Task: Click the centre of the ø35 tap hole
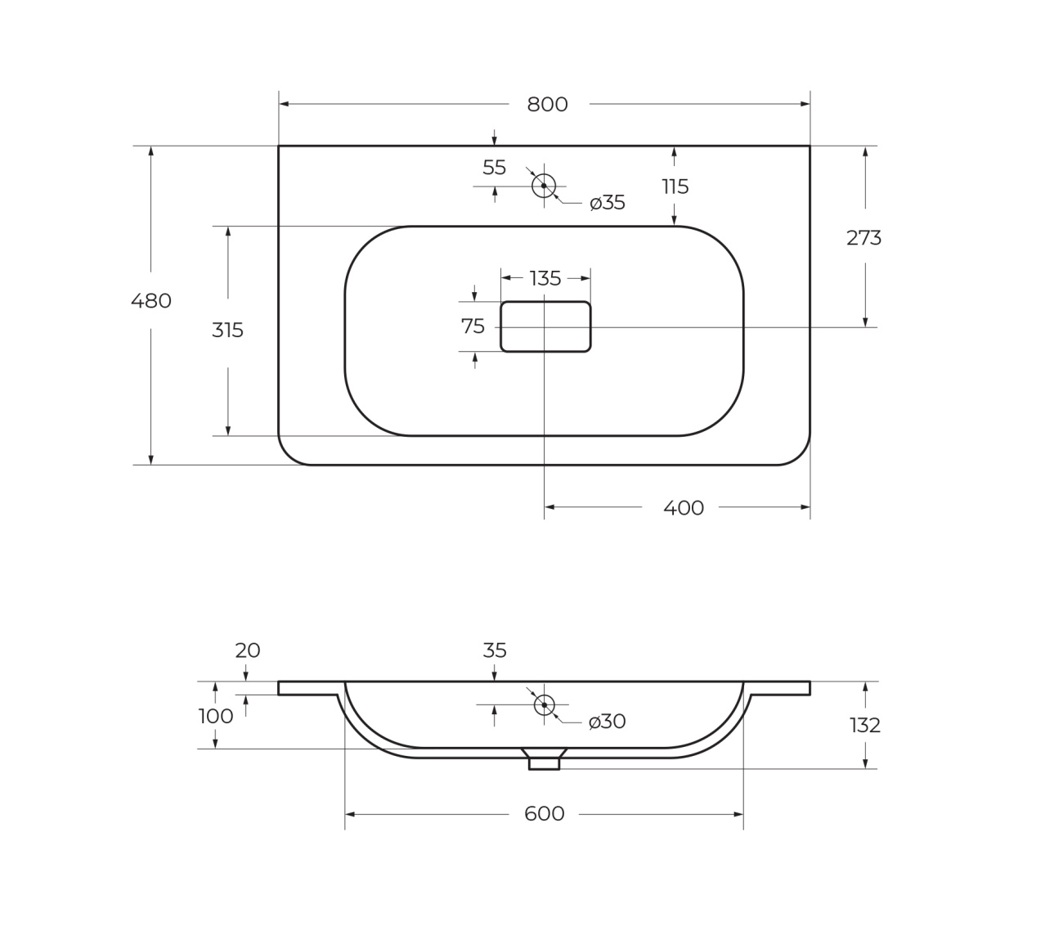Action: [x=544, y=186]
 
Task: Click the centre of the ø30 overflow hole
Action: [x=544, y=705]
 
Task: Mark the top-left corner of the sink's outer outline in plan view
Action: [x=279, y=146]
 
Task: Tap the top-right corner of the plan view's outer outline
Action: [x=810, y=146]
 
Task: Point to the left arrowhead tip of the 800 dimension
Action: [x=280, y=104]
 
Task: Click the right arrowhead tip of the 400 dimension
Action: [x=810, y=507]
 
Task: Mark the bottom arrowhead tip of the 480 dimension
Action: [x=150, y=464]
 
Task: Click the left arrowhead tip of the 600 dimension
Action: [x=346, y=814]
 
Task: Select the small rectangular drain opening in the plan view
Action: [x=545, y=326]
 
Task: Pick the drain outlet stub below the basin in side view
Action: [x=544, y=763]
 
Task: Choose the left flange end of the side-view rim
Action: [x=279, y=688]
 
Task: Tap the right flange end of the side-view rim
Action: [x=810, y=688]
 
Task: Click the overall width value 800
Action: [x=547, y=105]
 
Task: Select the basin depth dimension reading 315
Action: [x=227, y=330]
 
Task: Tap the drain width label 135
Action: [x=545, y=279]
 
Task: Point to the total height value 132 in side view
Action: [x=865, y=725]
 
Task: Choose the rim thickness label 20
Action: [x=247, y=650]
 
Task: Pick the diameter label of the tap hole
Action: [x=608, y=203]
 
